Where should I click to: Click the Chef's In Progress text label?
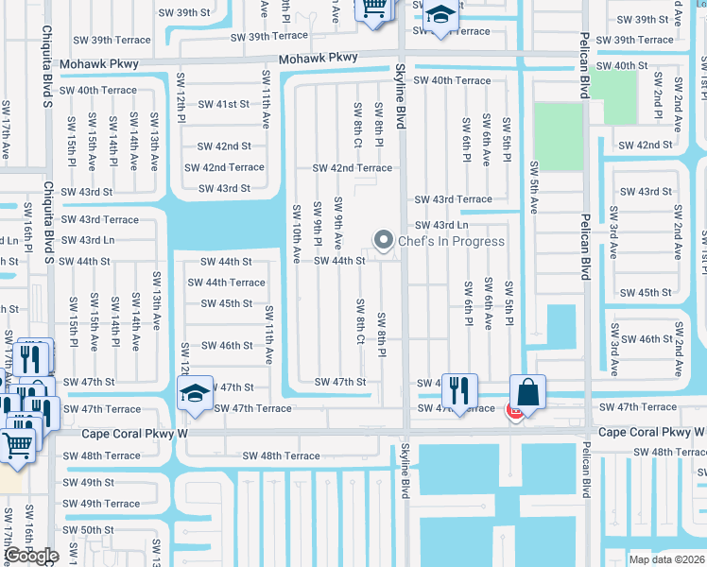pos(451,241)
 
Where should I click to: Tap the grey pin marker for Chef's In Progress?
pos(384,241)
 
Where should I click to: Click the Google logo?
pos(32,556)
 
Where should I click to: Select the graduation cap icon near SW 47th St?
pos(194,394)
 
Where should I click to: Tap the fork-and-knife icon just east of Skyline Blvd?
pos(459,388)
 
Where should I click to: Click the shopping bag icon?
pos(527,390)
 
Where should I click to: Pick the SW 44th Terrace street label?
pos(226,283)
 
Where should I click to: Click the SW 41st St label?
pos(223,105)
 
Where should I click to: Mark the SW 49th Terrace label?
pos(100,504)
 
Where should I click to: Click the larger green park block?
pos(558,136)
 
